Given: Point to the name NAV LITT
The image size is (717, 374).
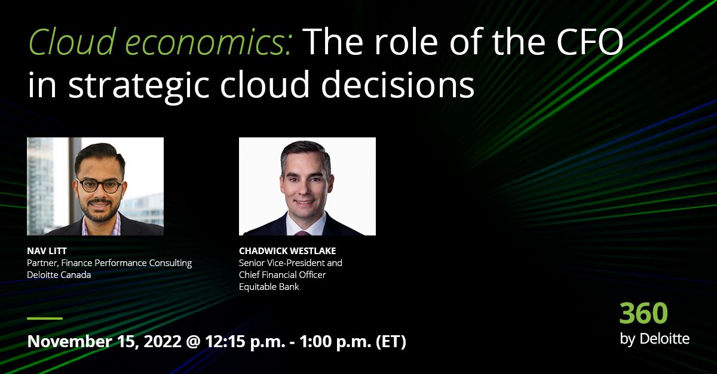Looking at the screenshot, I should [x=47, y=251].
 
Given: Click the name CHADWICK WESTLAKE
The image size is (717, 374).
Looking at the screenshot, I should [x=287, y=251].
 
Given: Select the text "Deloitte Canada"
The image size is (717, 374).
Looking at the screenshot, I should [x=59, y=275].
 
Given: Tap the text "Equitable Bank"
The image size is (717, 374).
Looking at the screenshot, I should [x=269, y=287].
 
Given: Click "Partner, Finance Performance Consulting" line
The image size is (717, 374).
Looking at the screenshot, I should [x=109, y=263].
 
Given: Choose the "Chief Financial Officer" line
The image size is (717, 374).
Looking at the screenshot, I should [x=283, y=275].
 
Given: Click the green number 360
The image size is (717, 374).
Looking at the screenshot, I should [x=644, y=313].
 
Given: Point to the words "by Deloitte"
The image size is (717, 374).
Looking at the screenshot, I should [x=654, y=339].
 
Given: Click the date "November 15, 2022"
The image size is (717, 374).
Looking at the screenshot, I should [x=103, y=342].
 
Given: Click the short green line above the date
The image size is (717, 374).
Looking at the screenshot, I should [x=45, y=319].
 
